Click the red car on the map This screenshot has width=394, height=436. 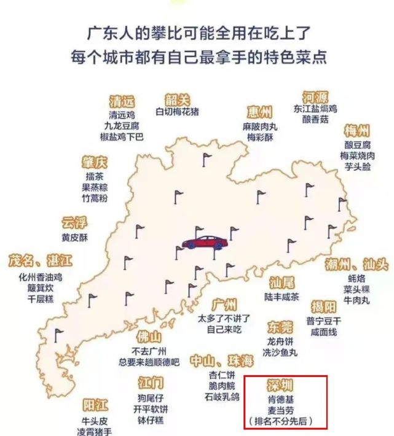pyautogui.click(x=201, y=241)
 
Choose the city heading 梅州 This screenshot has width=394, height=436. pyautogui.click(x=357, y=131)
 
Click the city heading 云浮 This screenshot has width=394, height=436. pyautogui.click(x=75, y=223)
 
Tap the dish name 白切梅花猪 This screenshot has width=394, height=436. pyautogui.click(x=177, y=112)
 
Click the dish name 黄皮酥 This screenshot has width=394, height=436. pyautogui.click(x=75, y=237)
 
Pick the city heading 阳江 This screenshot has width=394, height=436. pyautogui.click(x=95, y=405)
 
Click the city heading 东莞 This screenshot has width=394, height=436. pyautogui.click(x=280, y=327)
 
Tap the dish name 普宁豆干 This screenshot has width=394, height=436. pyautogui.click(x=326, y=321)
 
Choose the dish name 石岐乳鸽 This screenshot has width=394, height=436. pyautogui.click(x=222, y=397)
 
